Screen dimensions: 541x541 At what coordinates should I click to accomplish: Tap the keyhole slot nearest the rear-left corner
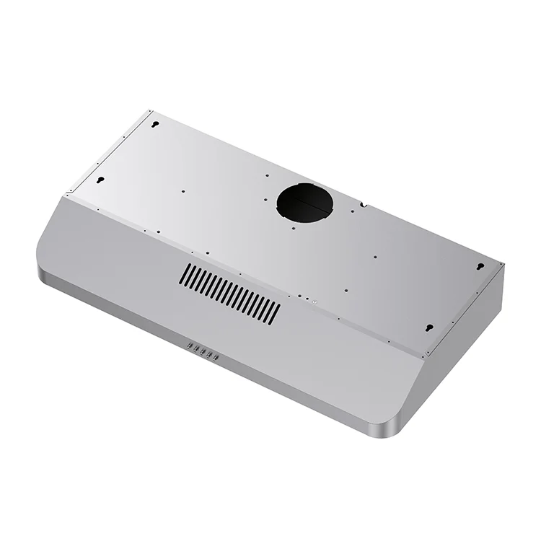(155, 123)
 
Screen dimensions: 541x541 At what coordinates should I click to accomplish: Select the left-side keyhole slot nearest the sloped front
(101, 179)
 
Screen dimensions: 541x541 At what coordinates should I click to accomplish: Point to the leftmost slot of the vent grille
(185, 273)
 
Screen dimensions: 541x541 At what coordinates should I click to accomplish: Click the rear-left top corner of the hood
(151, 111)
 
